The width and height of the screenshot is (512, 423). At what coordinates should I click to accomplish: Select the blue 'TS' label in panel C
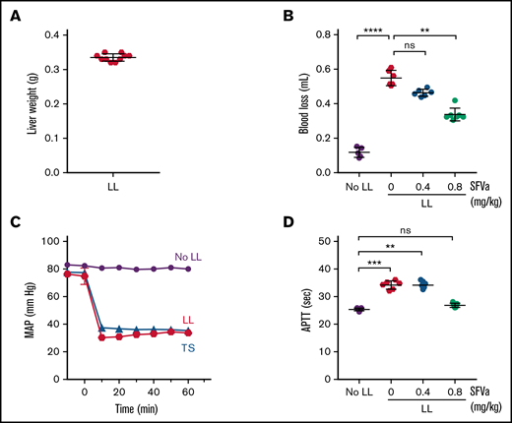181,347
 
